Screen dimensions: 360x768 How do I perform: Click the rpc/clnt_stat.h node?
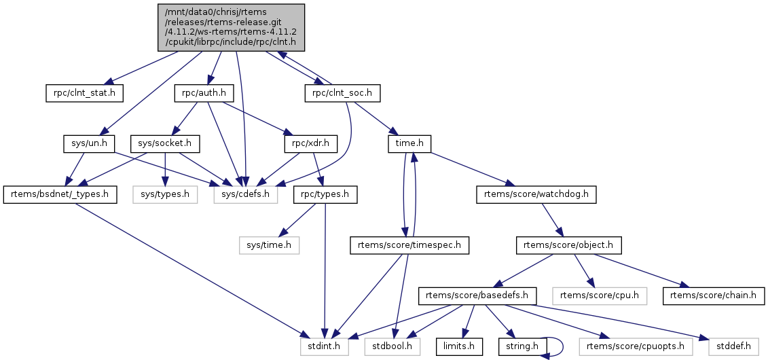80,92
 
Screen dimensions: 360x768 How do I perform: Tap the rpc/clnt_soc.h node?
342,92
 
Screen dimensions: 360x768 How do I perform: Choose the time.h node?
409,143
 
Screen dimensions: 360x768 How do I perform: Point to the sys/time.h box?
268,245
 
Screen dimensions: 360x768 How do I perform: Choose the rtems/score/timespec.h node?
409,245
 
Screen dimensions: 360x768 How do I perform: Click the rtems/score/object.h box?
569,245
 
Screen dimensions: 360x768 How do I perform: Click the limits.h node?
460,347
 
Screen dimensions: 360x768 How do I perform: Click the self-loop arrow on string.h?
561,346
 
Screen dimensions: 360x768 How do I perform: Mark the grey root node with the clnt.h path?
232,27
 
